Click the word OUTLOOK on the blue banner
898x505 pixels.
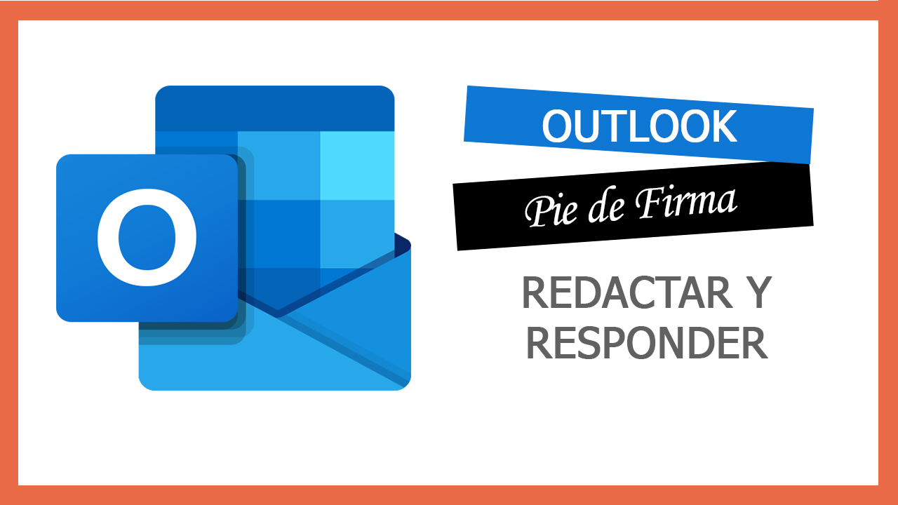pos(639,126)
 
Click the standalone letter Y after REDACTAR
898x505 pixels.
pos(756,294)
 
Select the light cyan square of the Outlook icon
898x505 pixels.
pos(356,165)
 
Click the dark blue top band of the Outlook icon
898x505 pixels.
pos(274,108)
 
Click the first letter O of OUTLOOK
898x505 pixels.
pos(558,127)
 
